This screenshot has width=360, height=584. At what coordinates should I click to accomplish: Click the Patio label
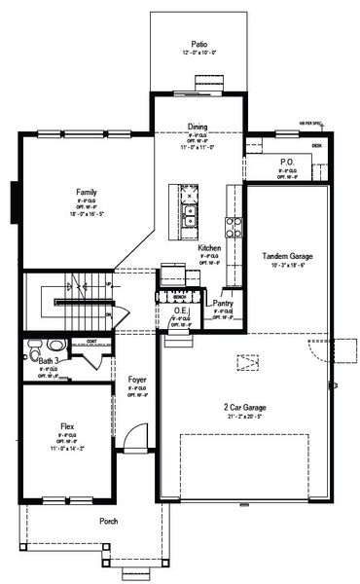click(x=199, y=43)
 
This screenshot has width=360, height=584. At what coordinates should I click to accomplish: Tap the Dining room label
click(x=198, y=128)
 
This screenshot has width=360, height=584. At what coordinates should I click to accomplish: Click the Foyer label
click(x=137, y=379)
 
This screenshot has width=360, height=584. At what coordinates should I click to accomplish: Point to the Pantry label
click(x=223, y=303)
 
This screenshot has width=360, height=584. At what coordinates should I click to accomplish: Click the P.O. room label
click(x=286, y=163)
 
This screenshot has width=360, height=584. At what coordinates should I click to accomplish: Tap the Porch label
click(x=109, y=522)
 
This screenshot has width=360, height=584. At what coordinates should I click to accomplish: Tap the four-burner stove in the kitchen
click(x=234, y=228)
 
